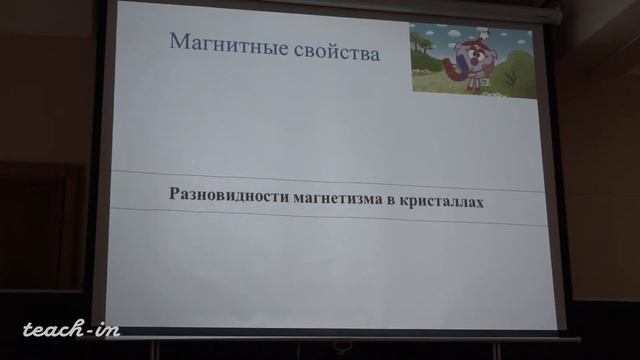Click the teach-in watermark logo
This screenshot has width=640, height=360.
[x=70, y=329]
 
